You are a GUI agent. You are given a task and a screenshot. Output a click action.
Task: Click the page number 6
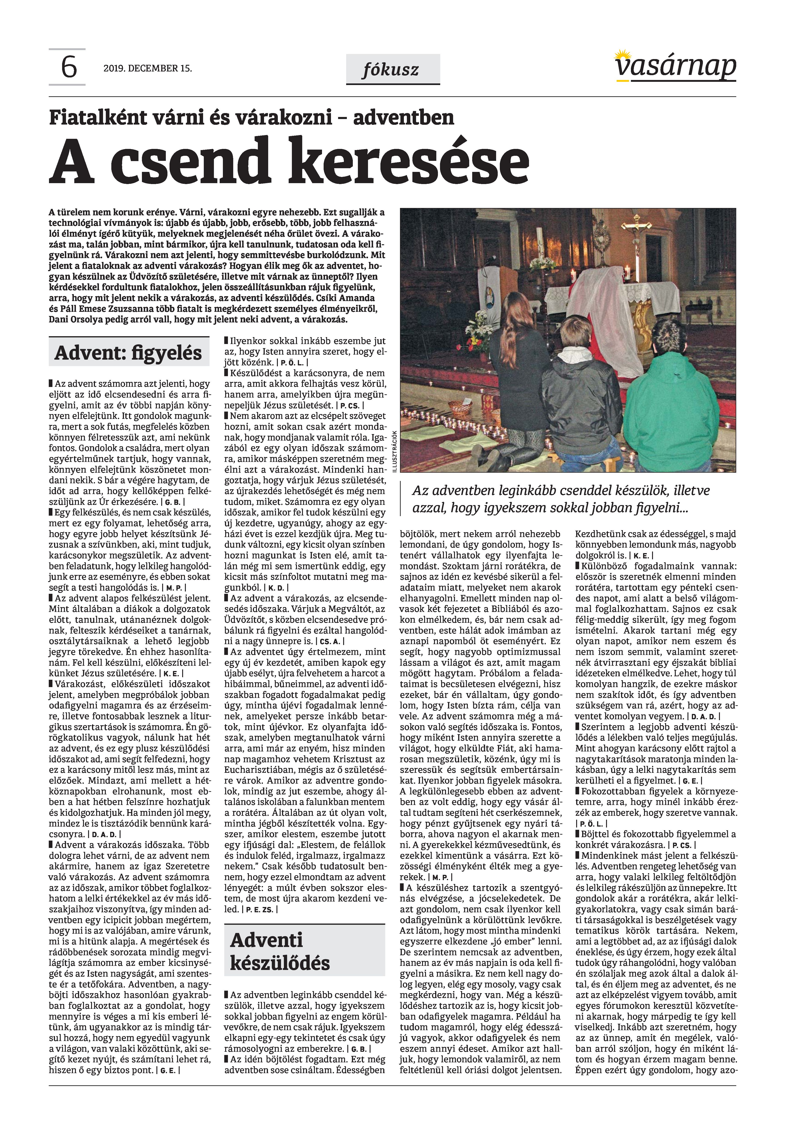click(69, 67)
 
